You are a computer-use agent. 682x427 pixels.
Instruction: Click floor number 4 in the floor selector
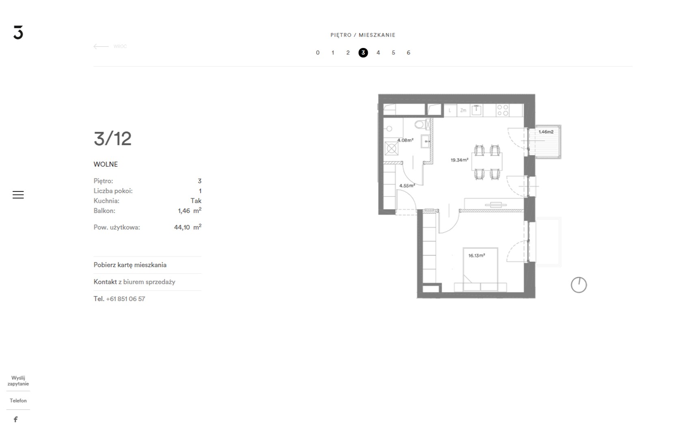coord(378,53)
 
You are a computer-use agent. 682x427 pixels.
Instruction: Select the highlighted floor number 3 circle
coord(363,53)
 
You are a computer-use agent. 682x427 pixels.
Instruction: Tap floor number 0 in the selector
coord(317,53)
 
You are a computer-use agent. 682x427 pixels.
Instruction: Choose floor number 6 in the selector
coord(408,53)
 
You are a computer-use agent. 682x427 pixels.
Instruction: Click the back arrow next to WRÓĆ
coord(101,46)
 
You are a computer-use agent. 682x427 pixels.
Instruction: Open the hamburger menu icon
coord(18,194)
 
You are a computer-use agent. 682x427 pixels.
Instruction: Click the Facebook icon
coord(15,419)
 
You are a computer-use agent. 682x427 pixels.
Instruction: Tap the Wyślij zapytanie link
coord(18,381)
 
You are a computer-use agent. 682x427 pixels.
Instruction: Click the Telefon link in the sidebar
coord(18,401)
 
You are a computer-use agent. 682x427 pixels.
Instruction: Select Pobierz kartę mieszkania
coord(130,265)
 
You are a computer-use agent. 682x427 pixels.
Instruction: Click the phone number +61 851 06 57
coord(125,299)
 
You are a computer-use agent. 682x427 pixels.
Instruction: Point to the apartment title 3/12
coord(113,139)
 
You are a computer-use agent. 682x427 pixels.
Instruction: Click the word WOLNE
coord(106,164)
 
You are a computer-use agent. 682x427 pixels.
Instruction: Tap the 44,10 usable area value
coord(182,227)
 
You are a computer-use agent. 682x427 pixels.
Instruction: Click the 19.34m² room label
coord(459,160)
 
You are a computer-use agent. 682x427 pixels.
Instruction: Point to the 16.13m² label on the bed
coord(477,255)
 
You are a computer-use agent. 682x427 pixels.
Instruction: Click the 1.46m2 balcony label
coord(546,132)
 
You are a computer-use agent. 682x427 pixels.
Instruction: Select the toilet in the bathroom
coord(423,124)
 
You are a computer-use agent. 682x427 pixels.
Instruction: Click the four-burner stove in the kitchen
coord(503,110)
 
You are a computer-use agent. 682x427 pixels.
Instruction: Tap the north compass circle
coord(578,285)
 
